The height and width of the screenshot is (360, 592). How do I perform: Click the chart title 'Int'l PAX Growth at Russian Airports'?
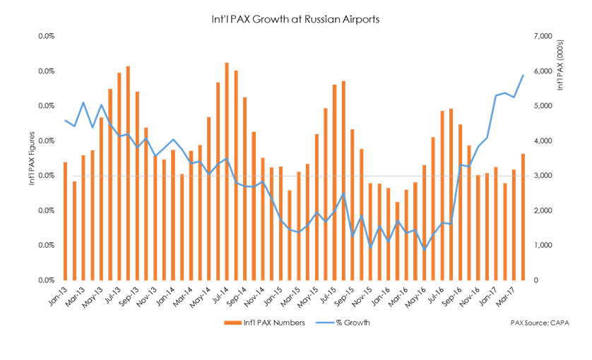click(x=296, y=20)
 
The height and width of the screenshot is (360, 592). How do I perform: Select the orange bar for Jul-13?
click(x=119, y=176)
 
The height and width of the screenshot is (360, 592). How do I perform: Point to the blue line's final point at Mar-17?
click(x=523, y=76)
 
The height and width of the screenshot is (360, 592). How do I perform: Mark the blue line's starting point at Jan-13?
click(x=65, y=121)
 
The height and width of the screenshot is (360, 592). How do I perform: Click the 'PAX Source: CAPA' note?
click(x=540, y=323)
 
